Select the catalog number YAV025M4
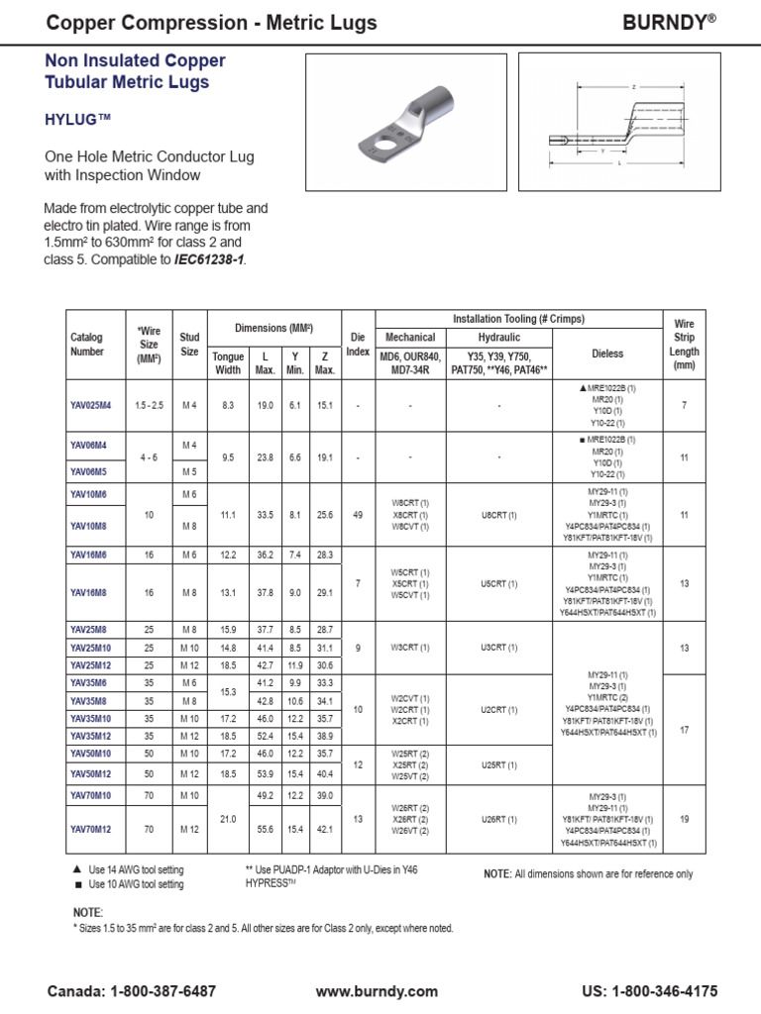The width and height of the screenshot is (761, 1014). point(91,406)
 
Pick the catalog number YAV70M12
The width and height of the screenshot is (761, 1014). point(91,828)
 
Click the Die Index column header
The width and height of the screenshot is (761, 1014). point(357,345)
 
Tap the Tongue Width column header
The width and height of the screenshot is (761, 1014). point(228,363)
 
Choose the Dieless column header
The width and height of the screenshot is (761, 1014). point(607,352)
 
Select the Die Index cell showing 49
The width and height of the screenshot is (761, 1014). point(357,515)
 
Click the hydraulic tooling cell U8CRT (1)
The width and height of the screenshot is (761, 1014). point(499,515)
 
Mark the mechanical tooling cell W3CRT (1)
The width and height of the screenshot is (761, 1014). point(410,648)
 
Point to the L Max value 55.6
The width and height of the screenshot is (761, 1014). point(265,828)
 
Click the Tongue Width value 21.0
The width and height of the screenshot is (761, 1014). point(228,818)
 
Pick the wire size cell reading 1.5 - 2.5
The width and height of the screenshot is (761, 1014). point(150,406)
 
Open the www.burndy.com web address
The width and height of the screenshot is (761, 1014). point(377,991)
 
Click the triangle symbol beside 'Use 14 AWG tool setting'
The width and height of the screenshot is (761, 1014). point(77,869)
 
